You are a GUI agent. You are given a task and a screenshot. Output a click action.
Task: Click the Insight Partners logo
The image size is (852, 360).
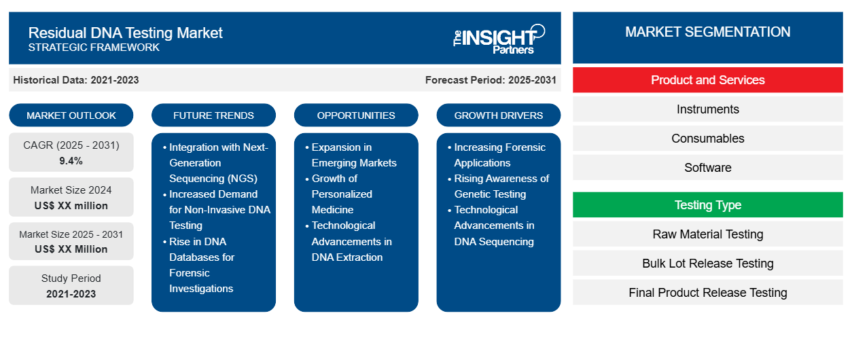499,38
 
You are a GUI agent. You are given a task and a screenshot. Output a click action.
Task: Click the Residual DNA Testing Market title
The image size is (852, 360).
126,32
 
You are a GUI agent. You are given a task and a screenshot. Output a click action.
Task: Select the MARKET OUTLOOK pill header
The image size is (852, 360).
71,115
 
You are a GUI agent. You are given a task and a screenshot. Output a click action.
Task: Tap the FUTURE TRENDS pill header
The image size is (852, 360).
213,115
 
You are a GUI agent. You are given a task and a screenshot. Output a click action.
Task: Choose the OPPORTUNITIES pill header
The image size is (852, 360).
356,115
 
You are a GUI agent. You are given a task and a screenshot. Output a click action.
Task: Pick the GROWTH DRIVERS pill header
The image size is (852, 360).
499,115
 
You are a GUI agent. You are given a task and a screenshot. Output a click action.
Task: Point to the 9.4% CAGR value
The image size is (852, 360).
71,161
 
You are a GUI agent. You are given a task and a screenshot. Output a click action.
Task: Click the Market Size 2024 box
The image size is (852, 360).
71,198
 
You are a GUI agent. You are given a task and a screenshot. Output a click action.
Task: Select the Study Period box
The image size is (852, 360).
71,286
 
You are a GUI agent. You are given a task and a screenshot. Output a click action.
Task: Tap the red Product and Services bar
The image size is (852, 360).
707,80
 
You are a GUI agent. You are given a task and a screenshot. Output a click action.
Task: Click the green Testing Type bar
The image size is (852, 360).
707,205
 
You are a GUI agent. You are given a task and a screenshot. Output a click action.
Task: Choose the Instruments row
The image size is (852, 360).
707,109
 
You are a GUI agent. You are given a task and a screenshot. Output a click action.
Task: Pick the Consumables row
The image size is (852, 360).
707,139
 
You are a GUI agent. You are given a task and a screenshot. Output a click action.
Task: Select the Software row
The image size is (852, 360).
707,168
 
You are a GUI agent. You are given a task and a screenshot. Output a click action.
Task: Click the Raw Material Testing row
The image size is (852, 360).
707,234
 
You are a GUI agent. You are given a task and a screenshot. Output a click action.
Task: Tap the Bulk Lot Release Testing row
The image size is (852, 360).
707,264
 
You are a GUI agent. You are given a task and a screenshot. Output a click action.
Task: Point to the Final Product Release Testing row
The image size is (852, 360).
707,293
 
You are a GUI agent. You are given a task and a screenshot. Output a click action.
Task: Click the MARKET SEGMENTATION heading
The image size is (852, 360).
707,32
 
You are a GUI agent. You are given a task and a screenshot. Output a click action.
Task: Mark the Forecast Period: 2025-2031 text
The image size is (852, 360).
491,80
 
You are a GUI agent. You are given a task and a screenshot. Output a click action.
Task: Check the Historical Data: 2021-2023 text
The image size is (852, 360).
76,80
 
